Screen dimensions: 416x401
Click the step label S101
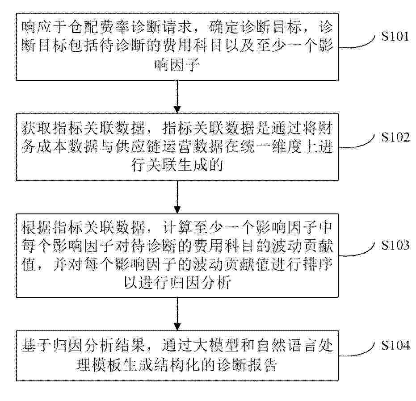pos(395,36)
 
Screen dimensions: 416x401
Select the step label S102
pos(395,137)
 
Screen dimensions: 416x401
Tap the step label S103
pos(395,245)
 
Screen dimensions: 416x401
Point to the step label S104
pos(395,345)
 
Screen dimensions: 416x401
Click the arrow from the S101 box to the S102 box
pos(177,97)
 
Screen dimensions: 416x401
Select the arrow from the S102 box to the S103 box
pos(177,197)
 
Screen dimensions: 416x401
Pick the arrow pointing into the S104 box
pos(177,314)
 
